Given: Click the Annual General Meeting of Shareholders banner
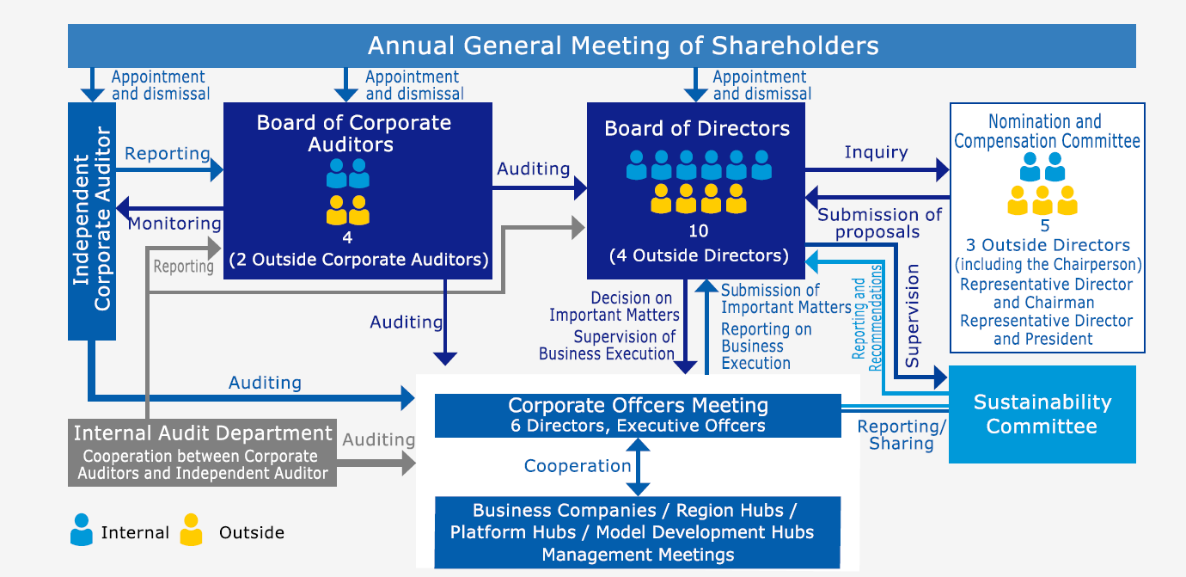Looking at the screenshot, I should (602, 46).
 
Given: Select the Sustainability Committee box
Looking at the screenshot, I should (1042, 414).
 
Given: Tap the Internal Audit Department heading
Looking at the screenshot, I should (203, 433).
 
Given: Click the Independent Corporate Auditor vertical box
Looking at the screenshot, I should (92, 220).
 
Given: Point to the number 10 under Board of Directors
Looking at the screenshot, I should (698, 231).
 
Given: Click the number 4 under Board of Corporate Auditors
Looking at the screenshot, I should (347, 238).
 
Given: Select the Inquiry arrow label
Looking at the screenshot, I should (876, 152).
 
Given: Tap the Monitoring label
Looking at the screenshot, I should (174, 224).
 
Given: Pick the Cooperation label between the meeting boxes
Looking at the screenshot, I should (578, 466).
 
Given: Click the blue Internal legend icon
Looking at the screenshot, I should (82, 530).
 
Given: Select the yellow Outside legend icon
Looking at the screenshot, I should (191, 530).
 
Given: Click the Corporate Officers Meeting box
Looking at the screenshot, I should (637, 415).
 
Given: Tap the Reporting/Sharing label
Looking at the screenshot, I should (902, 435).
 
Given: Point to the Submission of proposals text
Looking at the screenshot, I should (879, 223).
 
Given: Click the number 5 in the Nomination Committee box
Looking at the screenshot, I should (1045, 227).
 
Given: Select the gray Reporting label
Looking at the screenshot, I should (183, 267).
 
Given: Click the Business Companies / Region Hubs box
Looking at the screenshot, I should (637, 532).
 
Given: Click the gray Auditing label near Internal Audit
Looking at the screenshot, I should (378, 440).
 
